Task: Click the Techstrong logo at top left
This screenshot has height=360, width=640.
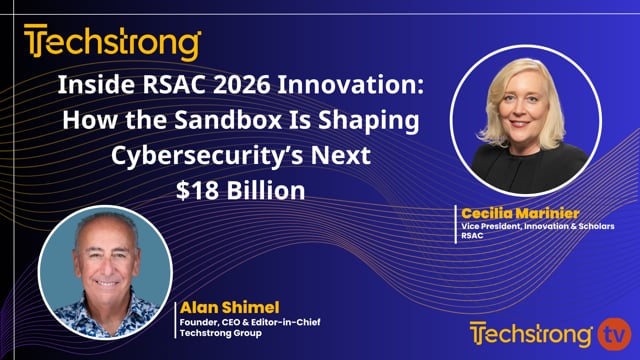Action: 112,43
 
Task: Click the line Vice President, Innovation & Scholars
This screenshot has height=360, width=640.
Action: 538,227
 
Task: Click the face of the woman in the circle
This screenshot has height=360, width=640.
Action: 522,102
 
